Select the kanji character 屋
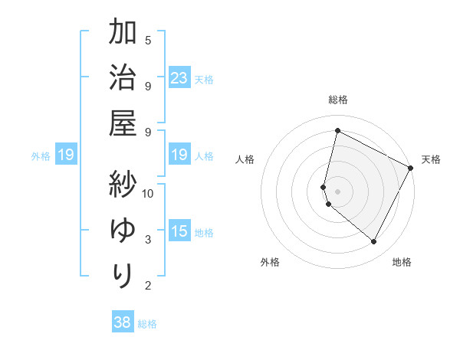click(123, 123)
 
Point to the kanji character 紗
click(123, 185)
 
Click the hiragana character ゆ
click(123, 230)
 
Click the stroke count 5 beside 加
click(148, 40)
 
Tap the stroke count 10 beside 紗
click(148, 193)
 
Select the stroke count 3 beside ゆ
click(148, 240)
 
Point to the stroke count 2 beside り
click(148, 286)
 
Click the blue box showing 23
click(179, 78)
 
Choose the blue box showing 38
click(122, 322)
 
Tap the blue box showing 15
click(179, 231)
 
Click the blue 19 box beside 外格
click(65, 155)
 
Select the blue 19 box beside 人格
click(179, 155)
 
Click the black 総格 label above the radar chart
click(337, 100)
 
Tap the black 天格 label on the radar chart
click(431, 159)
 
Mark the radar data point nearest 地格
click(374, 242)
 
